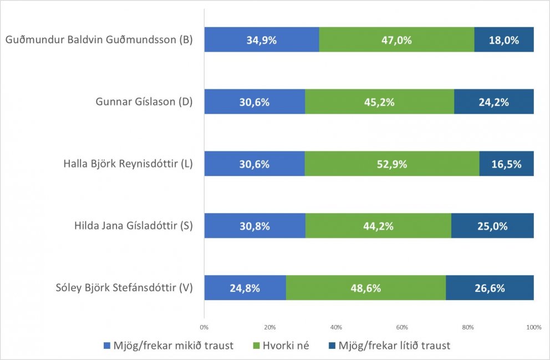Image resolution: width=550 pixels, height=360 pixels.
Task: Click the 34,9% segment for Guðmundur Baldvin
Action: [261, 40]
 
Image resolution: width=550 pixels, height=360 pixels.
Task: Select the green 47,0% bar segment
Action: [396, 40]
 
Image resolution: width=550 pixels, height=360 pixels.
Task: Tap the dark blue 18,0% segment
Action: [503, 40]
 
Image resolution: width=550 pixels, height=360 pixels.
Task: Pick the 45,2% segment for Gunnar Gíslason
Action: [379, 102]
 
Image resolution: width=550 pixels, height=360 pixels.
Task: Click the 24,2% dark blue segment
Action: [493, 102]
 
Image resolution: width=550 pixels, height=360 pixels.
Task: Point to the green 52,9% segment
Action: [391, 164]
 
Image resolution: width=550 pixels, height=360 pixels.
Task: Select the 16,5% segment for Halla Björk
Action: [506, 164]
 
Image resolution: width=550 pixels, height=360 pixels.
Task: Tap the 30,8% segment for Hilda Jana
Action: [254, 226]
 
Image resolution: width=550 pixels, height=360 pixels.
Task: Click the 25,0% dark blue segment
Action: [492, 226]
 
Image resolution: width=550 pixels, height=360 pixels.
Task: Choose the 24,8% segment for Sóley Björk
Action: [245, 288]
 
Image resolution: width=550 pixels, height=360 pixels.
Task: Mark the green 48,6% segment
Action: [365, 288]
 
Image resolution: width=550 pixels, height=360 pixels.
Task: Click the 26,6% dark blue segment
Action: [490, 288]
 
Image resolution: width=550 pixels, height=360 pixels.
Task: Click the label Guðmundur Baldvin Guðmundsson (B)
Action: [98, 40]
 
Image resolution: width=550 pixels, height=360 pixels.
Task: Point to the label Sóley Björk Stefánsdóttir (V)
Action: [124, 288]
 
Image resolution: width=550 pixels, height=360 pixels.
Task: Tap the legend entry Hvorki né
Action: [281, 346]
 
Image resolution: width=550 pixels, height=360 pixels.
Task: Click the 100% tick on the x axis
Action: [533, 327]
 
